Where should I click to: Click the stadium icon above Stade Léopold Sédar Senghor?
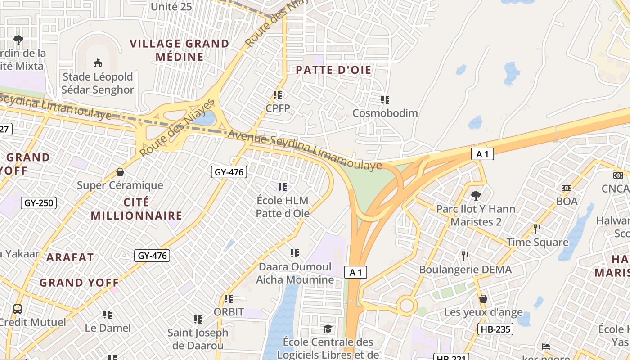coord(97,63)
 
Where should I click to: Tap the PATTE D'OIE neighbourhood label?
coord(333,70)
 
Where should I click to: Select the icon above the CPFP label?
coord(278,94)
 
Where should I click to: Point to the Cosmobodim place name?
coord(385,113)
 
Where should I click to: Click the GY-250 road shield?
coord(39,203)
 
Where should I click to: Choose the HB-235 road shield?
coord(495,329)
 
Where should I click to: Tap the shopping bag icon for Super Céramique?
coord(120,172)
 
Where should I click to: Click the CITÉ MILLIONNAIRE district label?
coord(136,209)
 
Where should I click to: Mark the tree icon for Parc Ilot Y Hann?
coord(476,195)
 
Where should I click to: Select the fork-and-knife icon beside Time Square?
coord(537,229)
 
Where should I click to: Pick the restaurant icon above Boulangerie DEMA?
coord(465,256)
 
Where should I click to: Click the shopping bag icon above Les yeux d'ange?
coord(483,299)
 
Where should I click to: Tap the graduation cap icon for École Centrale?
coord(328,329)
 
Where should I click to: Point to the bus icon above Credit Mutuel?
coord(18,309)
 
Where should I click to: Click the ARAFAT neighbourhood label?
coord(70,257)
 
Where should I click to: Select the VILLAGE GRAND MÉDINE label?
coord(180,50)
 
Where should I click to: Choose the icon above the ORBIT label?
coord(229,298)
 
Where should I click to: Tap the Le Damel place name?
coord(108,328)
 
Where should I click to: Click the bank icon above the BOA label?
coord(566,188)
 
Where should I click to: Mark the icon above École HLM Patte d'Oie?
coord(283,186)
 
